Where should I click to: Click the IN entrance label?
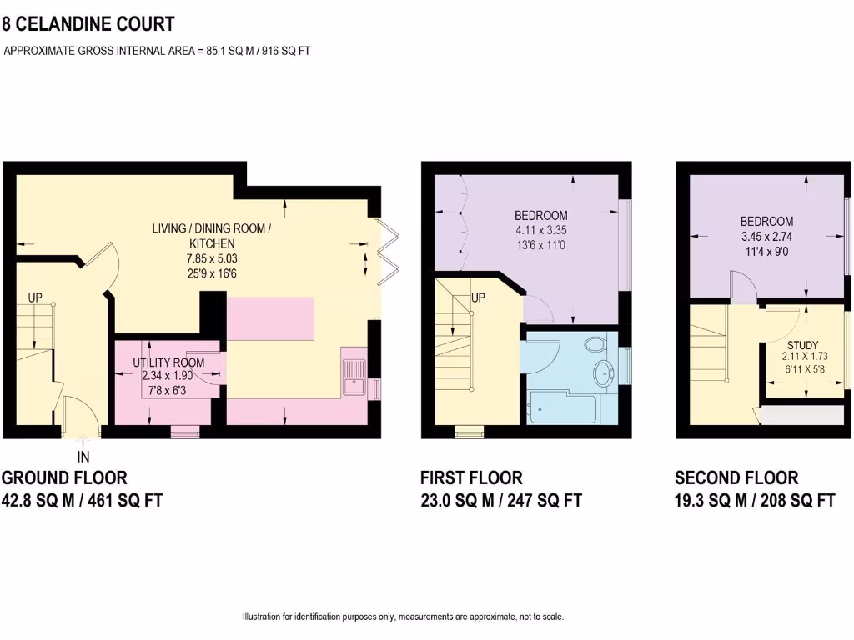coord(83,457)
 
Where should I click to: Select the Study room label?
coord(802,344)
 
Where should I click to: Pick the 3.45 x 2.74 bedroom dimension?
coord(766,236)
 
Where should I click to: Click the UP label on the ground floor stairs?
coord(35,297)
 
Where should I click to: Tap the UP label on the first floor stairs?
coord(478,297)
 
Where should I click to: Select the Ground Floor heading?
coord(64,477)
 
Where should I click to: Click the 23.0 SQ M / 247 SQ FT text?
coord(500,500)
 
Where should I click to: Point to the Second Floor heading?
coord(736,477)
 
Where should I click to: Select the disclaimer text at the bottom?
coord(403,617)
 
